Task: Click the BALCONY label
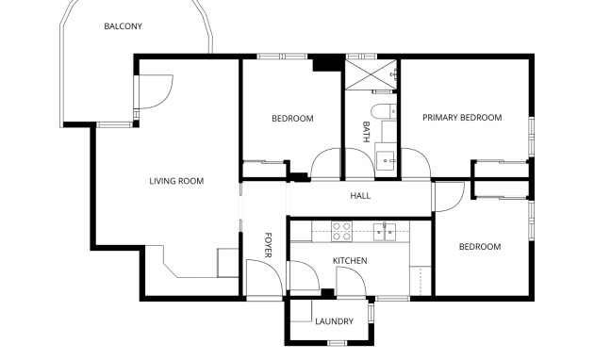[x=123, y=26]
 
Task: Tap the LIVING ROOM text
[x=176, y=181]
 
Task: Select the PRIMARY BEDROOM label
[x=461, y=118]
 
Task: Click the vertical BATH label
[x=367, y=132]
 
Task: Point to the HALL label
[x=360, y=197]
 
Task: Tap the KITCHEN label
[x=350, y=261]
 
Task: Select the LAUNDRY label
[x=334, y=322]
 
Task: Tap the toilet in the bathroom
[x=383, y=112]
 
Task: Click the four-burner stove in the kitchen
[x=342, y=228]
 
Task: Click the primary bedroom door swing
[x=416, y=163]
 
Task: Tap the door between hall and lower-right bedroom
[x=448, y=196]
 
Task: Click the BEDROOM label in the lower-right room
[x=479, y=247]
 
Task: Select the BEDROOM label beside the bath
[x=292, y=119]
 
